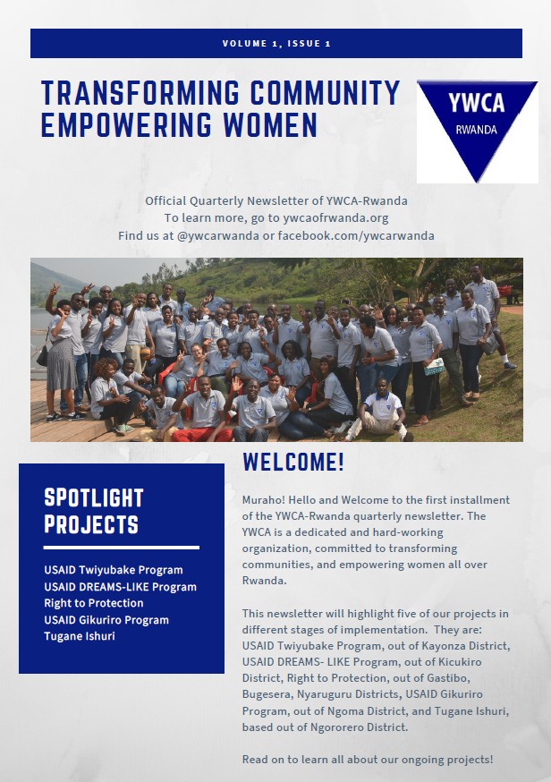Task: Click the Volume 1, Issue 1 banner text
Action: tap(275, 43)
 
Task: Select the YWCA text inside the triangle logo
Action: tap(477, 104)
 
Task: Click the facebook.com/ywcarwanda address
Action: tap(356, 235)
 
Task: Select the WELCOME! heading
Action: tap(292, 463)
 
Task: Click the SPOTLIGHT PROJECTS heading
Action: tap(94, 510)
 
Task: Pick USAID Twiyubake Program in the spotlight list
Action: tap(113, 570)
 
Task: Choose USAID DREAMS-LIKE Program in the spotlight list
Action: tap(120, 587)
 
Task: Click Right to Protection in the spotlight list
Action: tap(94, 603)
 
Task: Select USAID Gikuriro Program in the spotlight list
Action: tap(106, 620)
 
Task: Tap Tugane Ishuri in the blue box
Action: tap(80, 636)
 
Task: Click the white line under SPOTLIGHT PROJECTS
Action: tap(121, 547)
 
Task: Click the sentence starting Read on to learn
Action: tap(367, 760)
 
